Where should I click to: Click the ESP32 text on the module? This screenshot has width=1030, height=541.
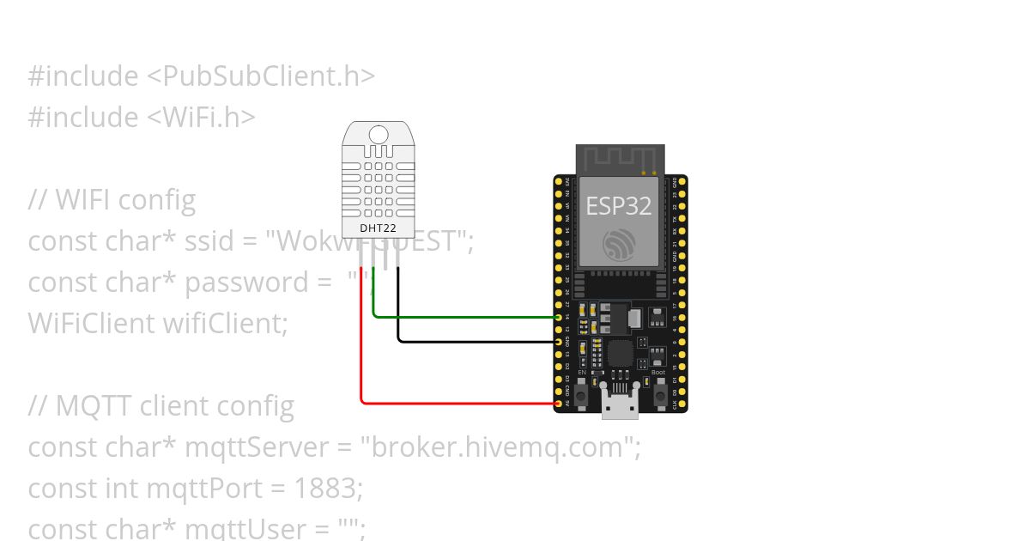[618, 206]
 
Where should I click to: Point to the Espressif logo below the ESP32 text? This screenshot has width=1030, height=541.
[619, 246]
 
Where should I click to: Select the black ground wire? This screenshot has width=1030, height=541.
[476, 341]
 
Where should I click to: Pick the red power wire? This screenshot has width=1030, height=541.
[455, 402]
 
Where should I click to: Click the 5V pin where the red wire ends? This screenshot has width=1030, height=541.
[559, 403]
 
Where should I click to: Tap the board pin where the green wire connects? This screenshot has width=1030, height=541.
[559, 318]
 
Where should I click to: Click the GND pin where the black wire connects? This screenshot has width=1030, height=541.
[559, 342]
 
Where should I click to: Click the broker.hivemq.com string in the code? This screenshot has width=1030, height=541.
[500, 447]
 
